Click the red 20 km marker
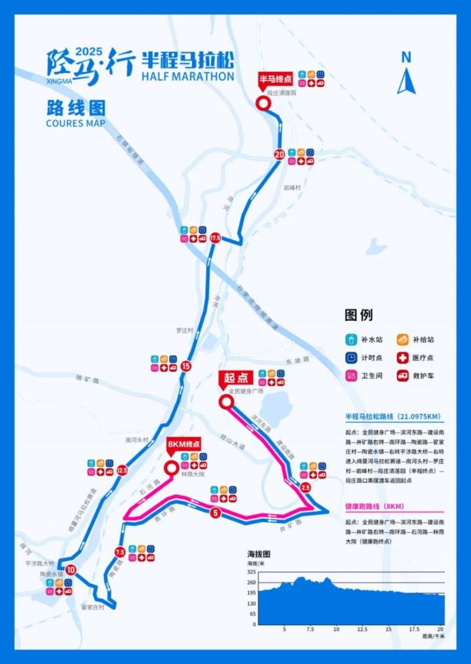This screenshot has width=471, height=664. pos(279,155)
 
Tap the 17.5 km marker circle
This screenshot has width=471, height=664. pos(215,238)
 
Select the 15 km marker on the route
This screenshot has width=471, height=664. pos(187,366)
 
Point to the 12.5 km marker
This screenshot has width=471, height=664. pos(122,470)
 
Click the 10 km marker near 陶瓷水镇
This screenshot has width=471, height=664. pos(71,570)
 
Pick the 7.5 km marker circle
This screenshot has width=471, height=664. pos(120,552)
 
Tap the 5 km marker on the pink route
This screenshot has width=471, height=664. pos(215,513)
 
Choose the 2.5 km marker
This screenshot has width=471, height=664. pos(305,488)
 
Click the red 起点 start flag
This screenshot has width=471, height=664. pos(235,377)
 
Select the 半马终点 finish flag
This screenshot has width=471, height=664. pos(276,79)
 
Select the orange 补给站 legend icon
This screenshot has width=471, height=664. pos(402,339)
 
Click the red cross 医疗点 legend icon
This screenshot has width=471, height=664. pos(402,358)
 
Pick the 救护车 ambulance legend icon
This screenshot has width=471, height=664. pos(402,375)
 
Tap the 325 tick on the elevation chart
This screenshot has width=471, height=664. pos(251,572)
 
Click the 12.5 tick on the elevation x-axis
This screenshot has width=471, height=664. pos(362,629)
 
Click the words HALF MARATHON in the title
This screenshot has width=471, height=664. pos(188,76)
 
